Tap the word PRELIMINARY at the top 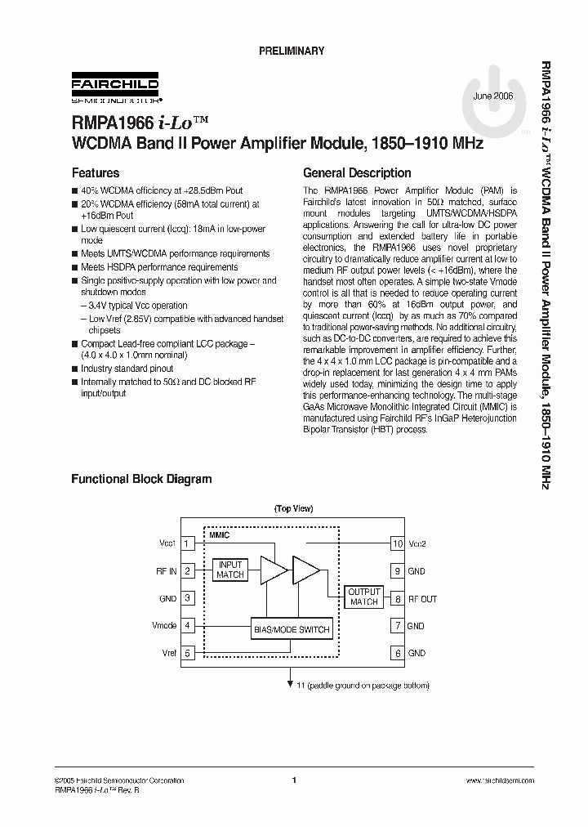pyautogui.click(x=292, y=51)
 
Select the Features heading pyautogui.click(x=96, y=173)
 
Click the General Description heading pyautogui.click(x=357, y=173)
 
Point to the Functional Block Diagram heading pyautogui.click(x=141, y=479)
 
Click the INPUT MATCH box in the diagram pyautogui.click(x=230, y=570)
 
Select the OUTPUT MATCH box pyautogui.click(x=364, y=597)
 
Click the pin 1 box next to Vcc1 pyautogui.click(x=188, y=543)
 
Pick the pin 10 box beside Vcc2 pyautogui.click(x=398, y=543)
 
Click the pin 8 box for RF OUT pyautogui.click(x=398, y=599)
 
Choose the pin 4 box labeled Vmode pyautogui.click(x=188, y=626)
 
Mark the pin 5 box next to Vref pyautogui.click(x=188, y=654)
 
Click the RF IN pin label pyautogui.click(x=167, y=571)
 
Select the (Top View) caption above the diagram pyautogui.click(x=294, y=508)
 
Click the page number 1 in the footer pyautogui.click(x=293, y=780)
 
